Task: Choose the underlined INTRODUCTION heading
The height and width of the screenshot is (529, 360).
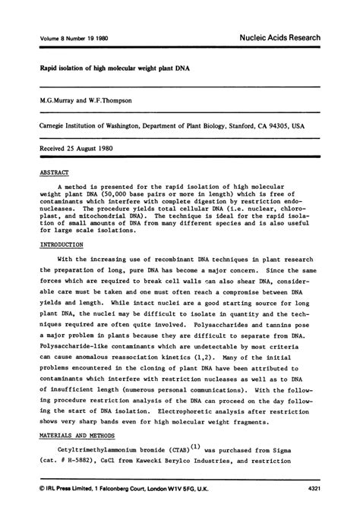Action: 62,245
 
